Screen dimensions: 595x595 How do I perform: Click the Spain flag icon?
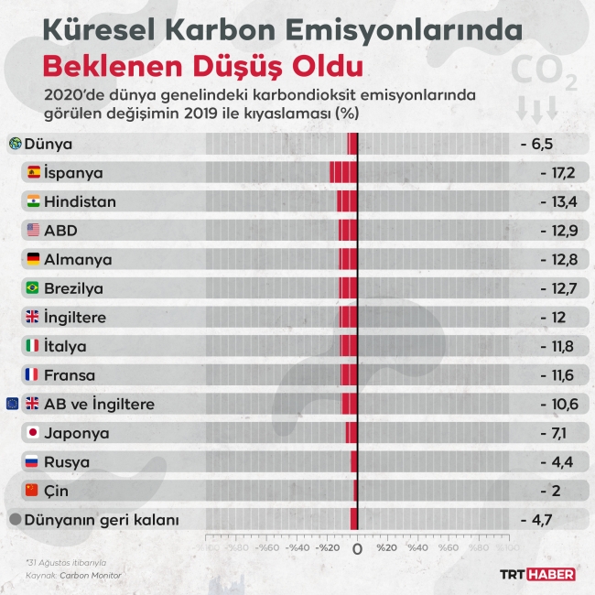coord(34,172)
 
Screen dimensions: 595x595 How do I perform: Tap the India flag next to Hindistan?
coord(34,201)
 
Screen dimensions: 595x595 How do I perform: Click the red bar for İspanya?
coord(342,172)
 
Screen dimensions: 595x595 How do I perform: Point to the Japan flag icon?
coord(34,433)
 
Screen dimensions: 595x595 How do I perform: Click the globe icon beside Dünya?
coord(15,144)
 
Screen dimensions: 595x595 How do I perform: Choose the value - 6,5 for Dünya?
coord(537,144)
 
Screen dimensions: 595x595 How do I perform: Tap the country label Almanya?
coord(78,259)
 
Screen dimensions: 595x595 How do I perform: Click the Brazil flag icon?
coord(34,288)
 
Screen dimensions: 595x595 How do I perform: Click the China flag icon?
coord(34,491)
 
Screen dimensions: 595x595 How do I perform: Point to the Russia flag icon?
coord(34,462)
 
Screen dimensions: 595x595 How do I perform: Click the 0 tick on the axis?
coord(357,549)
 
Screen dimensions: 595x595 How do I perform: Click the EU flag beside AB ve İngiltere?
coord(13,404)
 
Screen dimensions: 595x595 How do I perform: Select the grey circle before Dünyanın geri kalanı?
coord(15,520)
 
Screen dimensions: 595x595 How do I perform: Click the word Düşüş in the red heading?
coord(222,67)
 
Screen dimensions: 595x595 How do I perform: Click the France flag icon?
coord(34,375)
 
